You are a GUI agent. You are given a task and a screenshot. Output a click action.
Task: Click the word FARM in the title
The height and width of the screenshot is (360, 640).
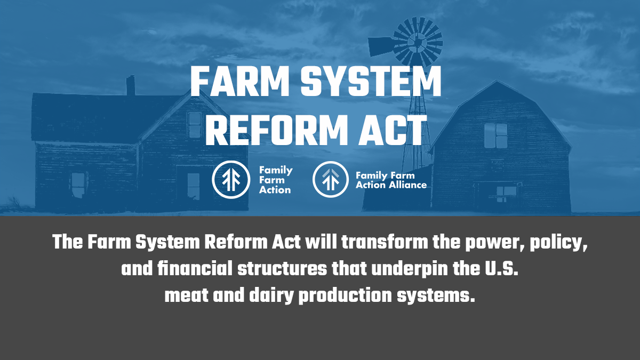pos(239,82)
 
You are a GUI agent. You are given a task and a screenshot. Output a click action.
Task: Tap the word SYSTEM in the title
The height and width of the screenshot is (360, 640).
pos(371,82)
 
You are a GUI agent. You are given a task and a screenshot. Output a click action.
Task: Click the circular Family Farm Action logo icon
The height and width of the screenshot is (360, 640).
pos(231,179)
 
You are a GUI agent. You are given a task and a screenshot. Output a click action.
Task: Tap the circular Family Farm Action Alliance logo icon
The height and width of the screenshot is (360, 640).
pos(331,179)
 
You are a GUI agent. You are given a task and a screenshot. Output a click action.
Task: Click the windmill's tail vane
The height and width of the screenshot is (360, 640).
pos(381,47)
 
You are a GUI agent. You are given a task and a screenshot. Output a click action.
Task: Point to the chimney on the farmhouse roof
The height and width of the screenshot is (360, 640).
pos(131,85)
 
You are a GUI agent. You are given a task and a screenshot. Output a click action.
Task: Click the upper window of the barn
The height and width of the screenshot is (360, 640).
pos(495,135)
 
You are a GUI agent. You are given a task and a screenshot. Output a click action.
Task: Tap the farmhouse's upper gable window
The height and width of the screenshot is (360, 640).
pos(195,125)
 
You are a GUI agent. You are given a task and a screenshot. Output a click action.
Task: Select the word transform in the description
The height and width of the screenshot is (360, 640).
pos(385,242)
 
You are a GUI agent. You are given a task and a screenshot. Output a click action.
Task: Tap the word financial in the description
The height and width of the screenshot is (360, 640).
pos(195,269)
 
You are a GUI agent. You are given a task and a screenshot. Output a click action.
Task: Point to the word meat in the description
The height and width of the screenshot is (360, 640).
pos(186,295)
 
